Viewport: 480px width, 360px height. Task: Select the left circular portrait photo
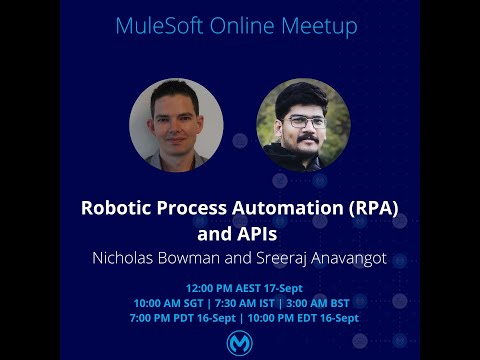(176, 125)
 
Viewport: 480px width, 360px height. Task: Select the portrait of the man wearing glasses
(303, 125)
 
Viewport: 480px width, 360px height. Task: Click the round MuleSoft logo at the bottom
(240, 342)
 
